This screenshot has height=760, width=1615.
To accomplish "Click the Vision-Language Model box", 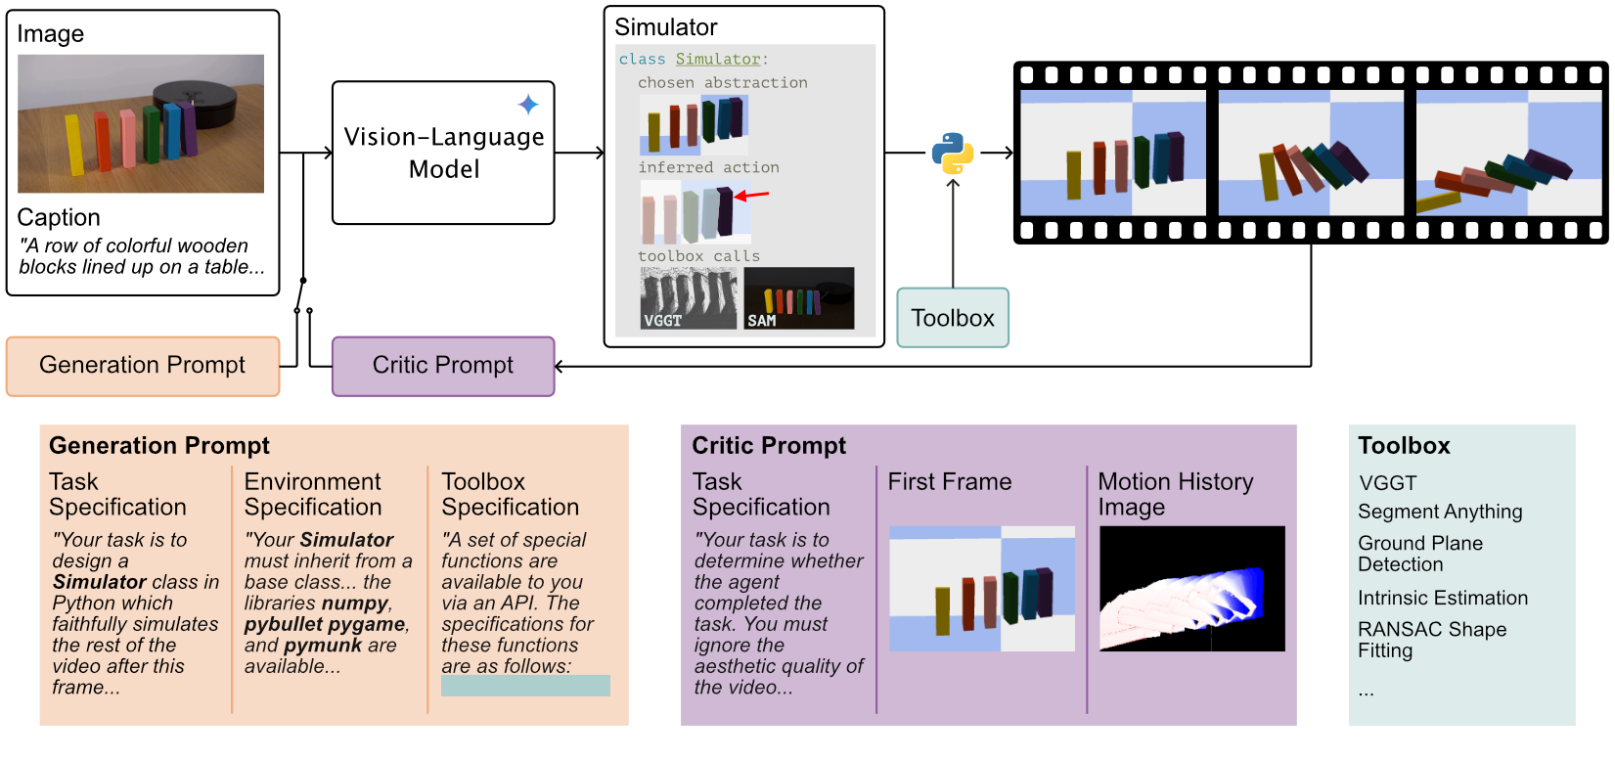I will (443, 154).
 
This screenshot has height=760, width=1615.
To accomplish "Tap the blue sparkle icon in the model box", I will (528, 105).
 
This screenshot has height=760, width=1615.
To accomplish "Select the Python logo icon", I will (952, 153).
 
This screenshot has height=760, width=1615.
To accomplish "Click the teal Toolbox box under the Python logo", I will (952, 318).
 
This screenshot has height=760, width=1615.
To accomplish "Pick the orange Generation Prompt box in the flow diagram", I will (143, 366).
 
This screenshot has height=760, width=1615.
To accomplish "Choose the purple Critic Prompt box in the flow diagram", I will (443, 366).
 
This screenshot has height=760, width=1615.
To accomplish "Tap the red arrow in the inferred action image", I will (752, 196).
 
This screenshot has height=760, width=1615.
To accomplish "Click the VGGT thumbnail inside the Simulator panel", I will (688, 298).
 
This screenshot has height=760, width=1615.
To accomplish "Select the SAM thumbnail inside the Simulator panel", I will (798, 298).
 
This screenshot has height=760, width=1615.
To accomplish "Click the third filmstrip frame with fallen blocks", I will (1507, 154).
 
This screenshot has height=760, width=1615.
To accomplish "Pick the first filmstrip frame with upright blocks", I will (1113, 154).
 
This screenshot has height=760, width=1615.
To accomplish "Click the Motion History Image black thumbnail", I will (1191, 589).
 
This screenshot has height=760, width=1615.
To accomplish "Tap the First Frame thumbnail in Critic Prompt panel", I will (981, 589).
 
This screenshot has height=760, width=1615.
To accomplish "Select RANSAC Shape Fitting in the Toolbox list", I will (1431, 640).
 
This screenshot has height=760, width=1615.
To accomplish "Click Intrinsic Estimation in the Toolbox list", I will (1442, 598).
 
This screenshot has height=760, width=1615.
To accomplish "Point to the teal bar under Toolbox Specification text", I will (525, 686).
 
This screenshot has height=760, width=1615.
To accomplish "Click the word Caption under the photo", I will (59, 217).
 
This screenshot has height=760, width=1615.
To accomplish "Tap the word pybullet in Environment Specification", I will (284, 624).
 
